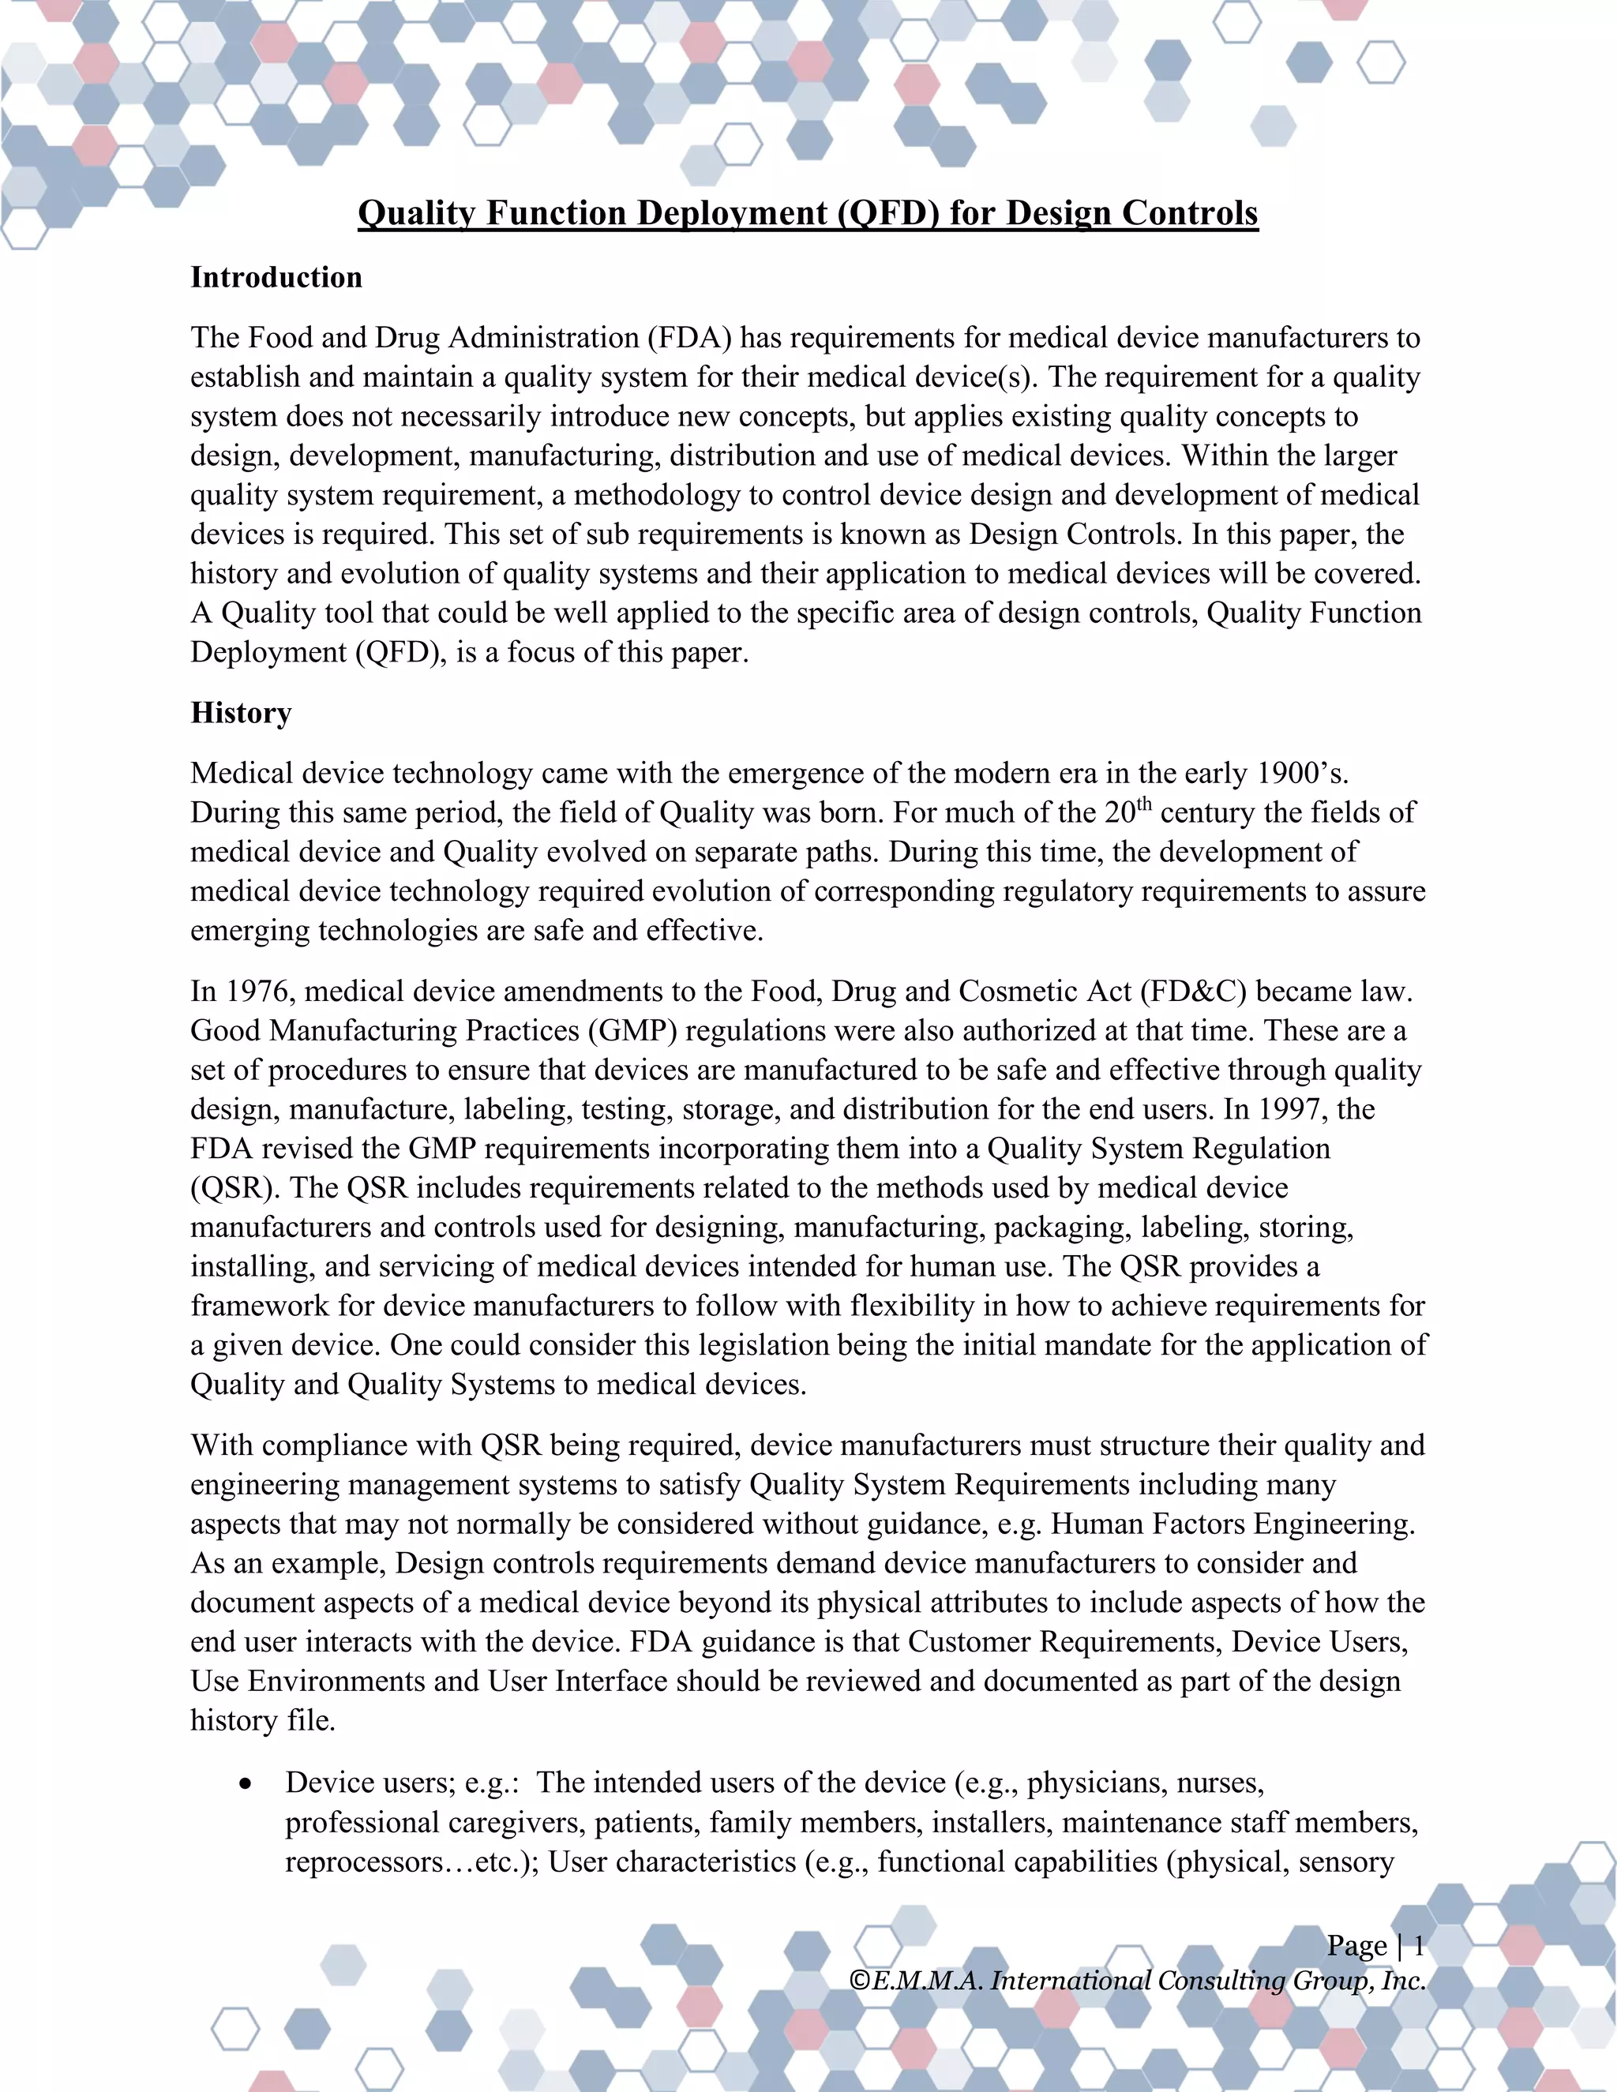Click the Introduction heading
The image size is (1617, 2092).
[276, 278]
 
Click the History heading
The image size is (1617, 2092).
[241, 713]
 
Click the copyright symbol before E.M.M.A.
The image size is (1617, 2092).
[859, 1981]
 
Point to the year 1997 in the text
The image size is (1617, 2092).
[1292, 1109]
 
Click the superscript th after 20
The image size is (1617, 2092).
[1144, 804]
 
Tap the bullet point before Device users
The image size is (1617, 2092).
[247, 1783]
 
